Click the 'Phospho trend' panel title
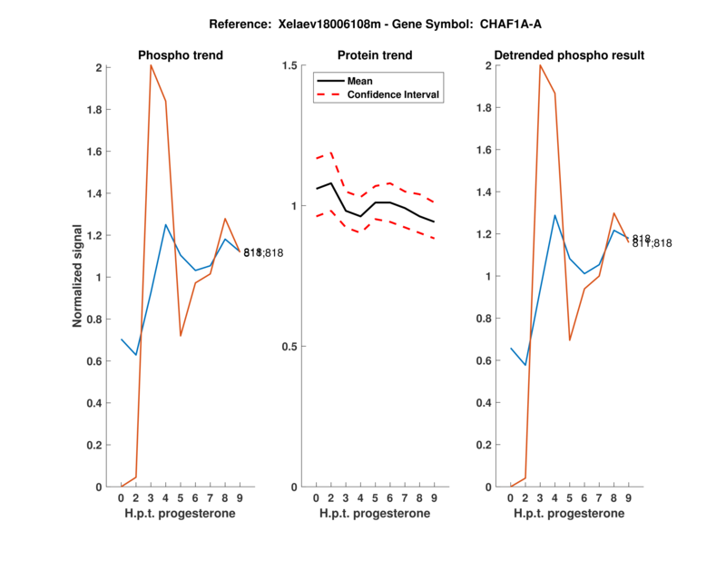coord(181,55)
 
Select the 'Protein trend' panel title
coord(375,55)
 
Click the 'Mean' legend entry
coord(359,81)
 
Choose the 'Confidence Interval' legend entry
coord(395,94)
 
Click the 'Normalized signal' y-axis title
coord(78,276)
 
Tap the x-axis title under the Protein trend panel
coord(375,514)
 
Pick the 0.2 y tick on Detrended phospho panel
coord(489,445)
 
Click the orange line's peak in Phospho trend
coord(151,65)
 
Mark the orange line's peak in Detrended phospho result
coord(540,65)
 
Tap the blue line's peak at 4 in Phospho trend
coord(165,224)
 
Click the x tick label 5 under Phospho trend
coord(181,498)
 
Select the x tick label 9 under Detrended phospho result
coord(628,498)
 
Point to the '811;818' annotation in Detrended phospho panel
coord(652,243)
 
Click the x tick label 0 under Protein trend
coord(316,498)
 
